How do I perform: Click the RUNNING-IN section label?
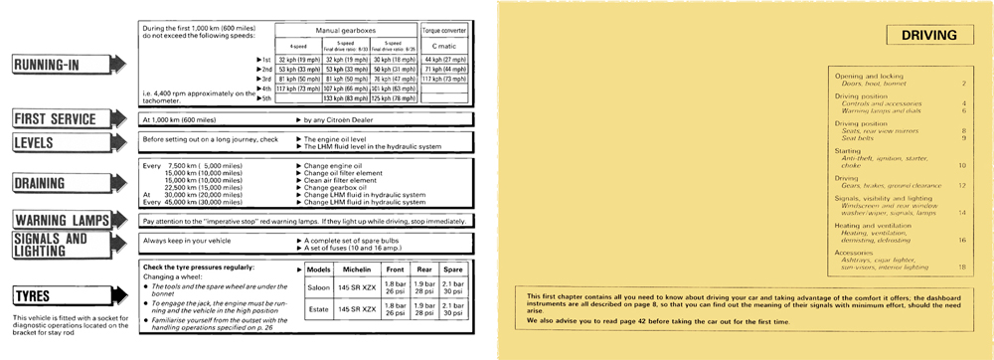[x=60, y=66]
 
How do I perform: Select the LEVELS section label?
[x=46, y=142]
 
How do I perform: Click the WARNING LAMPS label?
[x=64, y=220]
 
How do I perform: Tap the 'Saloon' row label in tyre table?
[x=319, y=288]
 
